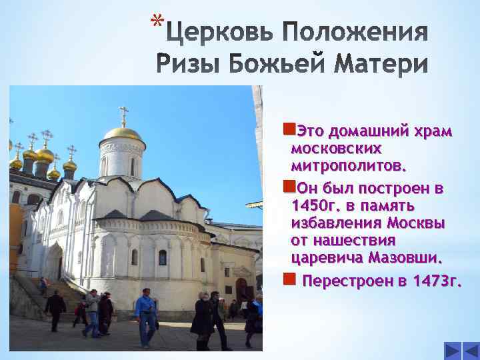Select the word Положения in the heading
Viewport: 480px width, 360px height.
(357, 32)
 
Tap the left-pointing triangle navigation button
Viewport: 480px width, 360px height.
(452, 351)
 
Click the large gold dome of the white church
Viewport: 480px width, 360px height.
(123, 133)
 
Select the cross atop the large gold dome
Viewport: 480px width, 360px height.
(123, 115)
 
